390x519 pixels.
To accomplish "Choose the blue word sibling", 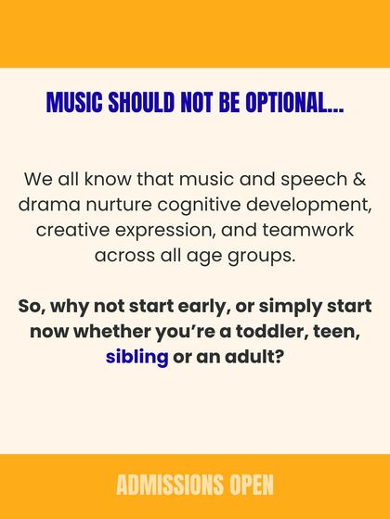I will coord(137,355).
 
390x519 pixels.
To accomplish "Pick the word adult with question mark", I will coord(253,355).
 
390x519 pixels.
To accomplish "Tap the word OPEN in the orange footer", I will coord(248,485).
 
